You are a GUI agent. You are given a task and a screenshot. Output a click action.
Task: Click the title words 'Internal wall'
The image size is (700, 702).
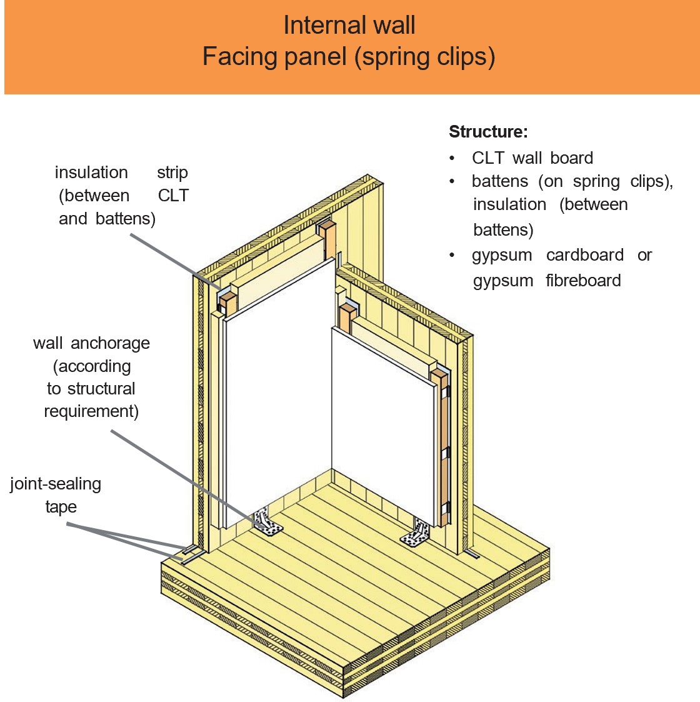[349, 26]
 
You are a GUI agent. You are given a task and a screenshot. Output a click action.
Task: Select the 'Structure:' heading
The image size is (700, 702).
[488, 132]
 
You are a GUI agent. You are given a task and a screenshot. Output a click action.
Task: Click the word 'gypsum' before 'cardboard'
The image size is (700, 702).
[502, 255]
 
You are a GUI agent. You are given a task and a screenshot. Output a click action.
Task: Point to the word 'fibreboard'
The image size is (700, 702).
[583, 281]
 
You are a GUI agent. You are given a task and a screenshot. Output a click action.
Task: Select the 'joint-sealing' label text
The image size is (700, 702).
[56, 484]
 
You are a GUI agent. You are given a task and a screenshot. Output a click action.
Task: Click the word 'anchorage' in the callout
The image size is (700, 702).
[110, 343]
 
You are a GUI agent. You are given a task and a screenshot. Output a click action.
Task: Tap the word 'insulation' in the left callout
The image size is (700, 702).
[91, 173]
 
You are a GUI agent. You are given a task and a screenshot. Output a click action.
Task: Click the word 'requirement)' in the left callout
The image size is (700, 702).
[91, 411]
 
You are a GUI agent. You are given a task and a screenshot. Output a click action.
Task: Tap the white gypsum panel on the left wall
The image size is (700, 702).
[275, 400]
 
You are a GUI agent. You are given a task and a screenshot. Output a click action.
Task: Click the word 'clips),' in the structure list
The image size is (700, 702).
[651, 181]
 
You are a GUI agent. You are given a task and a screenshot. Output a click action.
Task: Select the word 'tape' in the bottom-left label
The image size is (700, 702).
[61, 507]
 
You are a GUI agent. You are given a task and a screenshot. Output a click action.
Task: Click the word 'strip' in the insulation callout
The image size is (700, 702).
[172, 173]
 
